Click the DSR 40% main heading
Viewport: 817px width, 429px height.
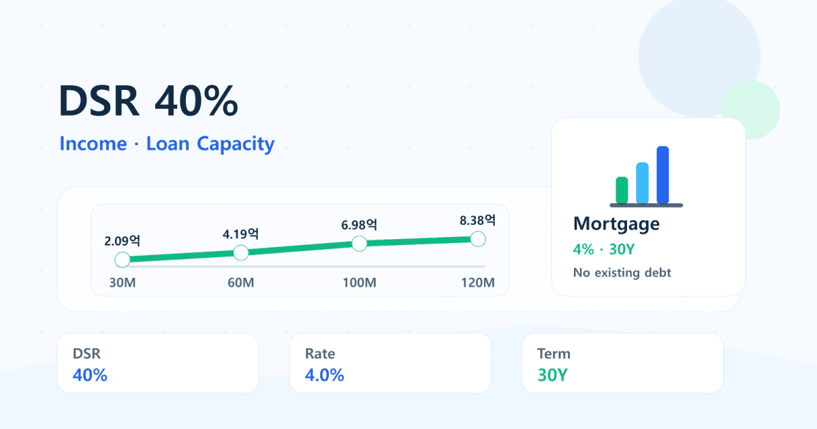point(148,101)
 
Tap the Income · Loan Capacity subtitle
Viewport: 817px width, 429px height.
point(167,144)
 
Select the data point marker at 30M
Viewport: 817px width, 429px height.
point(123,259)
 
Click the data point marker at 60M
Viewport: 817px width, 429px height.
point(241,253)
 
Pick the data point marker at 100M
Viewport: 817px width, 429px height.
point(359,244)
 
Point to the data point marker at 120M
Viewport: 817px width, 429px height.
point(478,239)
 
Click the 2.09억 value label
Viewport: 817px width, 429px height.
point(122,241)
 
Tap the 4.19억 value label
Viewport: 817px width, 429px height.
point(241,234)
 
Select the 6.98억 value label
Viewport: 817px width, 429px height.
point(359,225)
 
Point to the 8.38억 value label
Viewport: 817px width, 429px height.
point(478,221)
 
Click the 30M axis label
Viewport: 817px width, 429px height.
point(123,283)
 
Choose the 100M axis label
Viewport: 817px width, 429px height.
point(359,283)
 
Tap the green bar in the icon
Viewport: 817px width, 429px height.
point(622,190)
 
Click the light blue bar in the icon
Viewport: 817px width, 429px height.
point(642,182)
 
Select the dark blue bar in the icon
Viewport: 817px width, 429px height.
point(662,175)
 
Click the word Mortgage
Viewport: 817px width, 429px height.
point(616,224)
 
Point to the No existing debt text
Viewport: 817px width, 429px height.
point(622,272)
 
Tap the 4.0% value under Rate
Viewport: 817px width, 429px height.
point(325,375)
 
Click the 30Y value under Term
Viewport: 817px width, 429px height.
point(553,375)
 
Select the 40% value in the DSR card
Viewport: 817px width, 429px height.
point(90,375)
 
